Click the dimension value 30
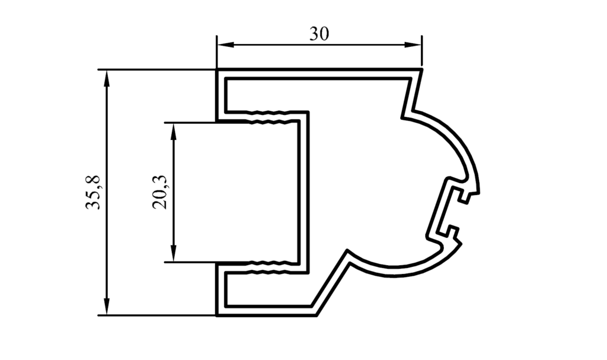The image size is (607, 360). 319,34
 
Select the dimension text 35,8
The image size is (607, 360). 93,193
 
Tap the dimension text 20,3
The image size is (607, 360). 159,193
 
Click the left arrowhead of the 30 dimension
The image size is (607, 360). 225,45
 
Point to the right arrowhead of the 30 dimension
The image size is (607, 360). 413,45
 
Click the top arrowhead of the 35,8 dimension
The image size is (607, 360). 107,79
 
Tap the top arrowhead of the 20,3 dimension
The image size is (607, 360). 174,132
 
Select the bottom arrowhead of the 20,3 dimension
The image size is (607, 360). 174,253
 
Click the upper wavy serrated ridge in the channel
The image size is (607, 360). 269,117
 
